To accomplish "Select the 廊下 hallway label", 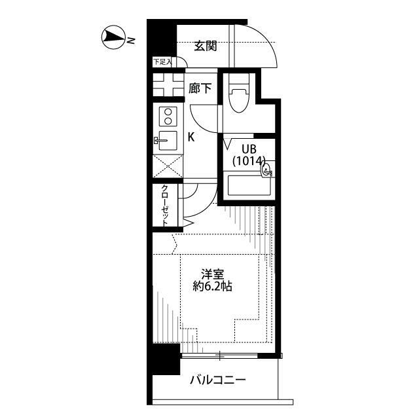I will (x=200, y=88).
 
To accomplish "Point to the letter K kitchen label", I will (x=191, y=137).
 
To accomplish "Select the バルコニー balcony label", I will (x=218, y=379).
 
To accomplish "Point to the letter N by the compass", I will (x=131, y=41).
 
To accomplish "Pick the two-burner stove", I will (x=168, y=117).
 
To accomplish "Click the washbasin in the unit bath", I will (x=265, y=170).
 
